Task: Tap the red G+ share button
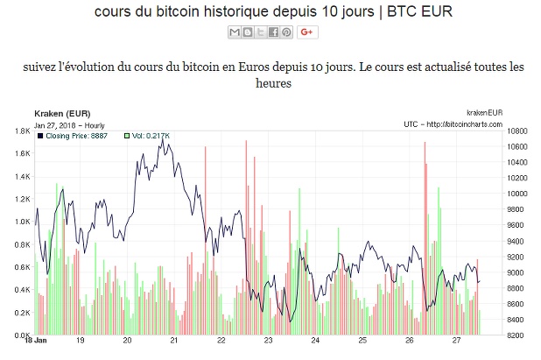[x=306, y=32]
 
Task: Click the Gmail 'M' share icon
[x=234, y=32]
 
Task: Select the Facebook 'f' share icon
[x=273, y=32]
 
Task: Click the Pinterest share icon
[x=286, y=32]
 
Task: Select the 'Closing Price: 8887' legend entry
[x=74, y=136]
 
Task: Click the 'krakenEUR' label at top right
[x=484, y=114]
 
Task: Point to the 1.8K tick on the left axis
[x=21, y=131]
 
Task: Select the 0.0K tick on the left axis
[x=21, y=335]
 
